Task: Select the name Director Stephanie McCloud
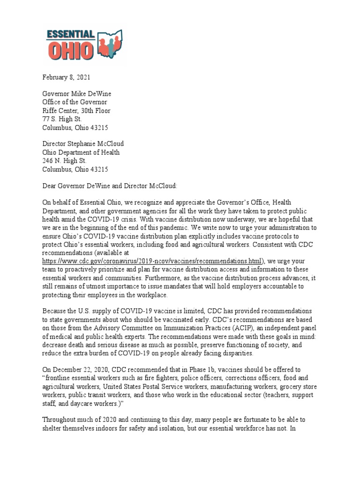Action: (x=83, y=144)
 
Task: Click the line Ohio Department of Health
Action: (x=81, y=152)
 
